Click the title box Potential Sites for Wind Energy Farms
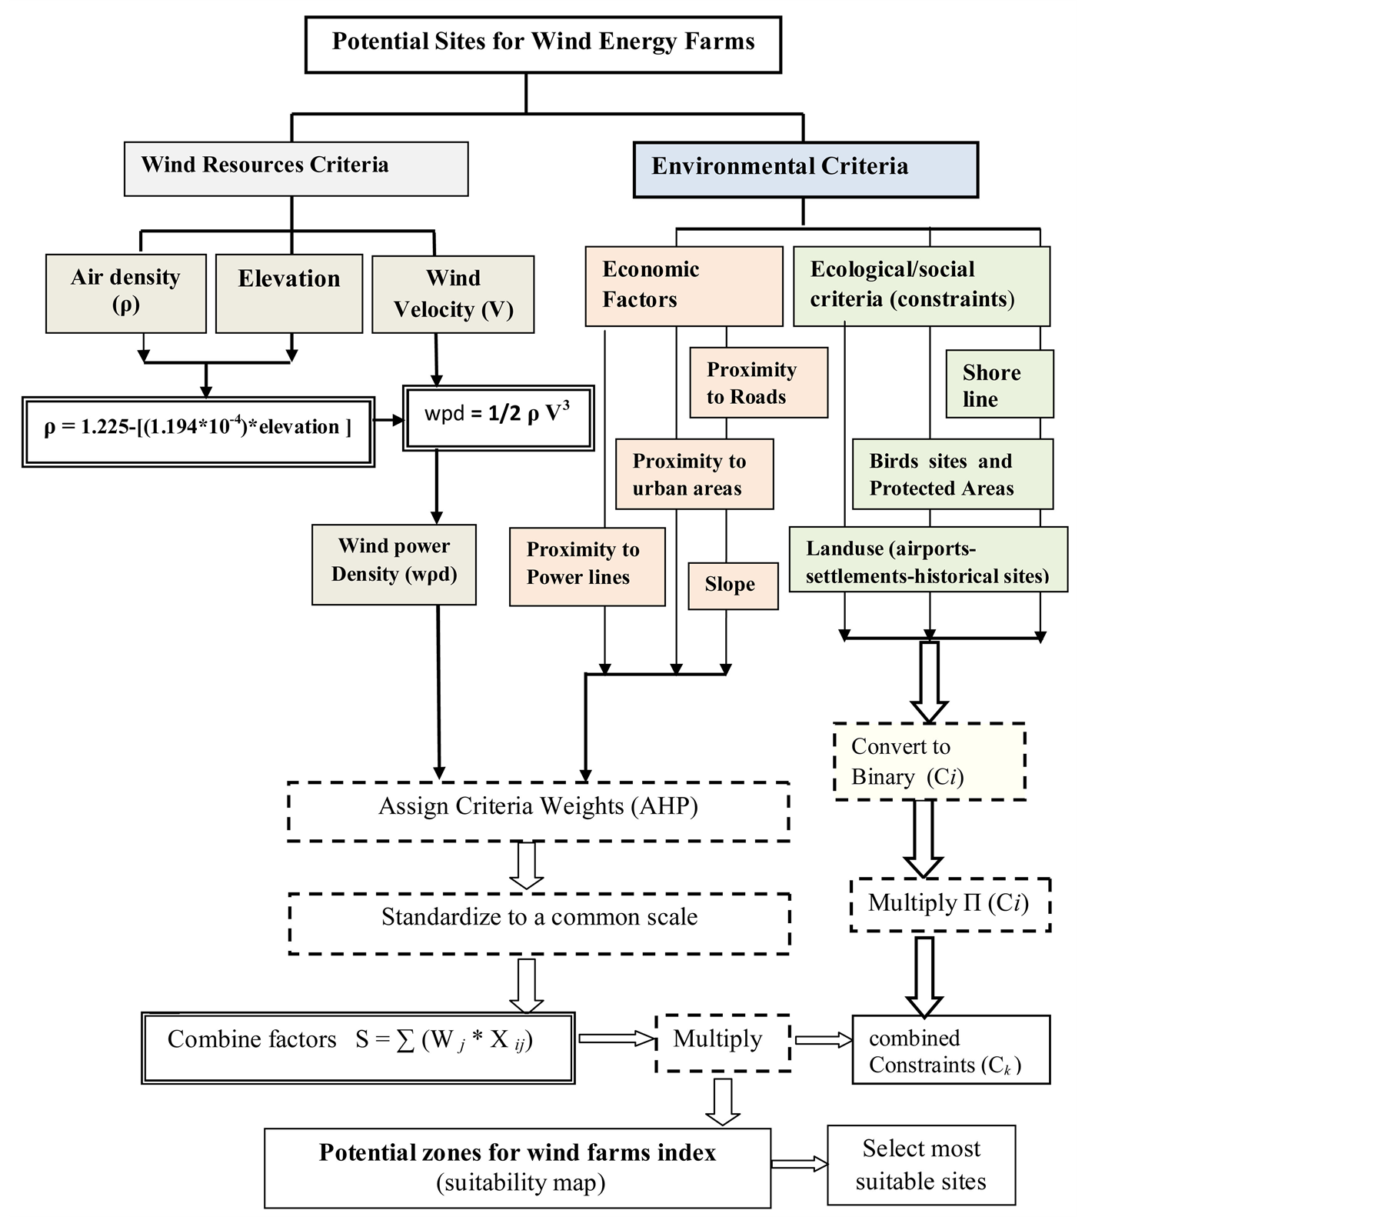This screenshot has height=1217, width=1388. point(543,45)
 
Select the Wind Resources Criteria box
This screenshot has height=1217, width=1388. point(296,168)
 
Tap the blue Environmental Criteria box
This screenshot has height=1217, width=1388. point(805,169)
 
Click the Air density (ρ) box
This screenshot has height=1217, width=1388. point(126,293)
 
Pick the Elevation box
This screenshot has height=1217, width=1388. point(289,293)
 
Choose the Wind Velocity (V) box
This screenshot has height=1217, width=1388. point(453,294)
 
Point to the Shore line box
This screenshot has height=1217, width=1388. point(999,385)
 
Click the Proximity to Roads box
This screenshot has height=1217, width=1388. point(758,383)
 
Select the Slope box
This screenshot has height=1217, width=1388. point(733,585)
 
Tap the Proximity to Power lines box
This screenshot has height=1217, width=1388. point(587,566)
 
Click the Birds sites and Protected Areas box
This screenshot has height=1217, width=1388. point(952,475)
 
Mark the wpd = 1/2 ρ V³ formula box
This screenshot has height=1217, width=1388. point(498,417)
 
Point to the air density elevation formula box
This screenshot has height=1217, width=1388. point(198,432)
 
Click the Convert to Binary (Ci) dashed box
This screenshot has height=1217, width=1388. point(930,762)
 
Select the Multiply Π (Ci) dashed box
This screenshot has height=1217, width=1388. point(950,905)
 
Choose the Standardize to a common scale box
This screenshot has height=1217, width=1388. point(539,923)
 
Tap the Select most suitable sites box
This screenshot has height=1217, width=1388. point(921,1165)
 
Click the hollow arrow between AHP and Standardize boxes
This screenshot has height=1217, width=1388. point(527,866)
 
